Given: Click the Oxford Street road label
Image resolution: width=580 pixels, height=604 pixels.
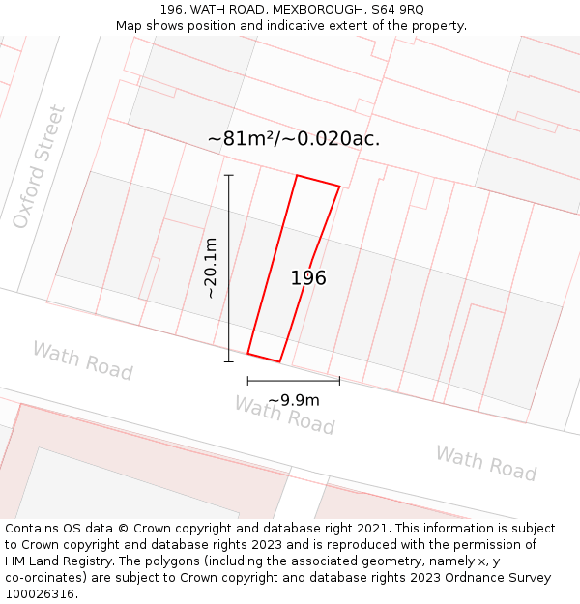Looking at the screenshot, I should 40,167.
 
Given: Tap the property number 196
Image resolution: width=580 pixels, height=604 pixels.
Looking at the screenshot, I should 308,278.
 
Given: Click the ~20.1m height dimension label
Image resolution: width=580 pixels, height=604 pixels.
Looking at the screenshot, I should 210,268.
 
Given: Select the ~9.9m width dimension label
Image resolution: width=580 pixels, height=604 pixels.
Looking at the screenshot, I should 294,400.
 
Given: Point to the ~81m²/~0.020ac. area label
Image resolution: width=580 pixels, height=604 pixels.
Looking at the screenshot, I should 294,138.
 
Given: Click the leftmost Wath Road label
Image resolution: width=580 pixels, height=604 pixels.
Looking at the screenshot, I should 82,360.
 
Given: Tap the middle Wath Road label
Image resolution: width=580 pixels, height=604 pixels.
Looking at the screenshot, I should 284,415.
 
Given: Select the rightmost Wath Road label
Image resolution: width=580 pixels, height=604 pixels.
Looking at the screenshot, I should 485,463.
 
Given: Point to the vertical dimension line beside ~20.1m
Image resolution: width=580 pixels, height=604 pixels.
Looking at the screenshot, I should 229,269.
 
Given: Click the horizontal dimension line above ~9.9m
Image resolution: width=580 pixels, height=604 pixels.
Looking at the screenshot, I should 293,380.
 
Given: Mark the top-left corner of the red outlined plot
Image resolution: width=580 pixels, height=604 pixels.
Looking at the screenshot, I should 297,176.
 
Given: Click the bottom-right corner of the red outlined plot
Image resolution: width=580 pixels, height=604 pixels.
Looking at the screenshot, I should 280,362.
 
